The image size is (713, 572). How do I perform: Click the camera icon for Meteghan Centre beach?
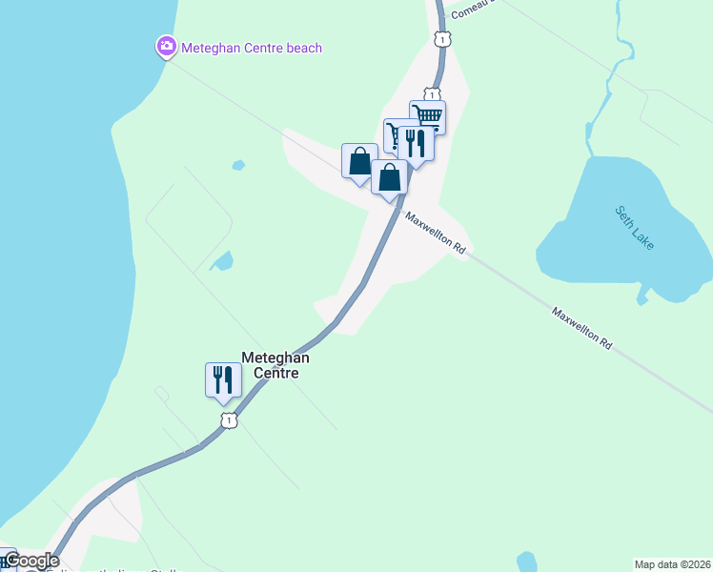tap(167, 46)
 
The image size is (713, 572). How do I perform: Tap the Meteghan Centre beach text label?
tap(252, 48)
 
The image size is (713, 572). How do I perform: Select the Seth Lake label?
tap(634, 228)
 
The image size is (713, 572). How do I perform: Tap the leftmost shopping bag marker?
tap(359, 160)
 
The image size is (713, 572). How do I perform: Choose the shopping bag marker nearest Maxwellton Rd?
tap(389, 177)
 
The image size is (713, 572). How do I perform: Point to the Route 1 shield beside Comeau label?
tap(440, 39)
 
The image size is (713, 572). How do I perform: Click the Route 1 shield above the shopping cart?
tap(433, 94)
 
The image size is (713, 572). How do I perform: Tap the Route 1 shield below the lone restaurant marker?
tap(228, 419)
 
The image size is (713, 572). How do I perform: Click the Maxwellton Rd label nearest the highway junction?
tap(435, 232)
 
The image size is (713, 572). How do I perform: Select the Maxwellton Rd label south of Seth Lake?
tap(581, 325)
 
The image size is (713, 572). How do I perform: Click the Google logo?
tap(31, 561)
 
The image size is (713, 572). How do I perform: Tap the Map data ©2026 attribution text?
tap(673, 564)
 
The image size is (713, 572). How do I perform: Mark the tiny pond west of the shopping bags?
tap(237, 165)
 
